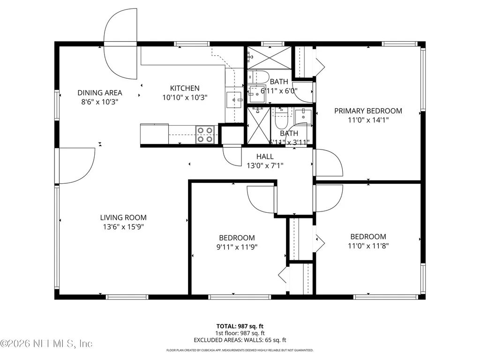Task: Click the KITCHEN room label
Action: click(x=184, y=88)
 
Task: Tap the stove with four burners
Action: click(x=205, y=135)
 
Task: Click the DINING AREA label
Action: click(x=100, y=92)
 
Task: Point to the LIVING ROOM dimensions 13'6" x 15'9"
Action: click(x=123, y=227)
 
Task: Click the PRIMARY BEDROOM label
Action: click(x=368, y=111)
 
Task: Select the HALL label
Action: click(x=265, y=157)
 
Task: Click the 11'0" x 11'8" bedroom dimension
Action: click(x=368, y=245)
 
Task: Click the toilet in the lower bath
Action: click(x=281, y=121)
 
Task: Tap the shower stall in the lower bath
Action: click(x=259, y=124)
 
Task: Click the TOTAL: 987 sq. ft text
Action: click(x=240, y=325)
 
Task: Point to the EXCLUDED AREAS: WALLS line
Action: click(x=240, y=340)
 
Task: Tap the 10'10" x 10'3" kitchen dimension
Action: click(x=184, y=97)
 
